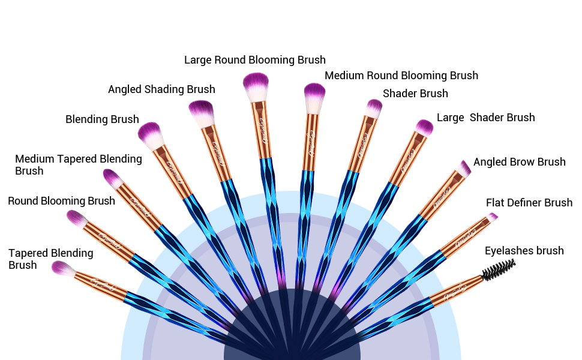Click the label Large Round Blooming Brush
click(254, 60)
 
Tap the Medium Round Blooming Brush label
click(401, 76)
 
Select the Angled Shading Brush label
click(161, 89)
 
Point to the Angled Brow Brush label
click(519, 162)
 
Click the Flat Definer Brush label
click(529, 203)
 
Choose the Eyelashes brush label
click(524, 251)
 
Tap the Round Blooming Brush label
click(61, 201)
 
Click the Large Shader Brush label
click(485, 118)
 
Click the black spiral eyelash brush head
click(499, 269)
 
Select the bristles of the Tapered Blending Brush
click(62, 268)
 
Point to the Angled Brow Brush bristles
click(464, 168)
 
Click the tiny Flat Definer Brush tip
click(492, 217)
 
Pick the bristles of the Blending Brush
click(151, 134)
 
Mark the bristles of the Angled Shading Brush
click(201, 112)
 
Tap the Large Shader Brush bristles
click(424, 127)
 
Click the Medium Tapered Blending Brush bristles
click(113, 178)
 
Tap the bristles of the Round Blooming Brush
click(78, 219)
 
